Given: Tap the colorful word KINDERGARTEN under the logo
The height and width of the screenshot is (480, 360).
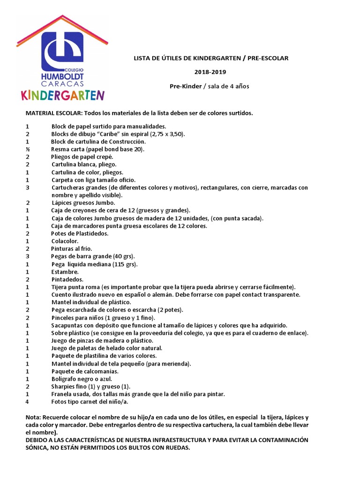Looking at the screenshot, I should tap(62, 95).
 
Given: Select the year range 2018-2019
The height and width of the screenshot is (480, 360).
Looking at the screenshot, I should tap(210, 72).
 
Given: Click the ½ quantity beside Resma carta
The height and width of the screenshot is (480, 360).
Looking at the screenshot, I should tap(27, 149).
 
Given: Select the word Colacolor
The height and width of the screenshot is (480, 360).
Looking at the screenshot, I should tap(65, 241).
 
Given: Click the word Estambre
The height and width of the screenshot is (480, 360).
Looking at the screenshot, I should tap(65, 272).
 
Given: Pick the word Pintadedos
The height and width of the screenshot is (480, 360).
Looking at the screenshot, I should tap(67, 279).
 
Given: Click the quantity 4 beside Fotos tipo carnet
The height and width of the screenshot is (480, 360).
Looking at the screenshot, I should tap(27, 402).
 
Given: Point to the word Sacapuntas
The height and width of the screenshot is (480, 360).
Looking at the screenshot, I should tap(69, 325).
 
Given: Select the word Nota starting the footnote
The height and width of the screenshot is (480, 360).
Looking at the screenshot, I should tap(34, 418).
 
